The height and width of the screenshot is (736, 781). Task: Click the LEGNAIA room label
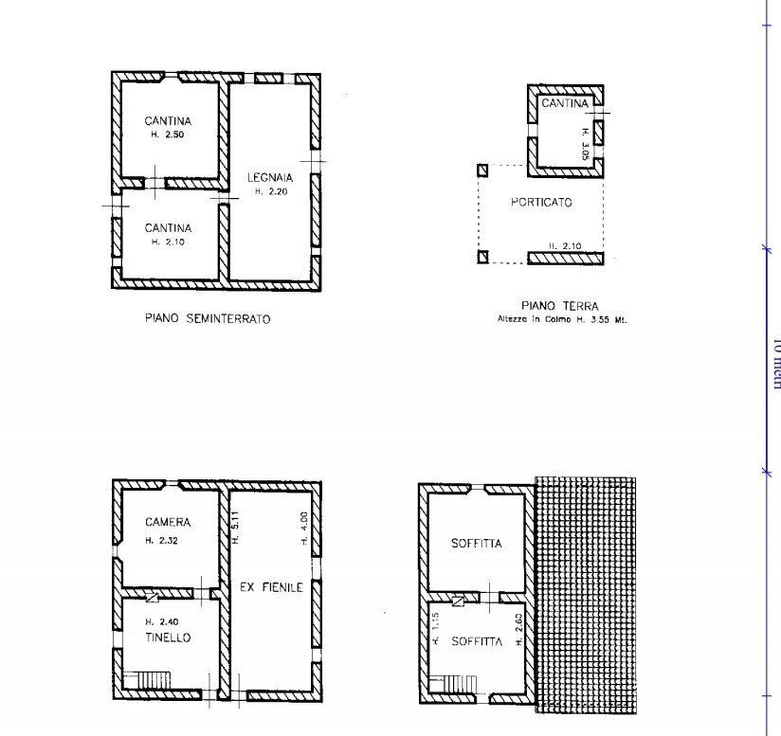(270, 177)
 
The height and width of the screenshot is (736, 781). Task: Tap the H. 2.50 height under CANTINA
(167, 135)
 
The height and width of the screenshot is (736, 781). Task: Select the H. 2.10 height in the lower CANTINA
(167, 242)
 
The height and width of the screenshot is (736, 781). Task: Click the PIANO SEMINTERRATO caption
(207, 319)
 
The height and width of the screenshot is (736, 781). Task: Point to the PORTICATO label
(541, 203)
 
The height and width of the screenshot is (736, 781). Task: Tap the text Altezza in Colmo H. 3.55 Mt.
(562, 319)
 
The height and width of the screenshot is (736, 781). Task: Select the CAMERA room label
(168, 522)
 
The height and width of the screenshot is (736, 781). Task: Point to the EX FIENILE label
(270, 587)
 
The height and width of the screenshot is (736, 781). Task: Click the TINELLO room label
(168, 637)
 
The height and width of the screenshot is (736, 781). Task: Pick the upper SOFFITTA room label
(476, 544)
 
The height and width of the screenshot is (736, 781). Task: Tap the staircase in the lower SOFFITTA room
(463, 683)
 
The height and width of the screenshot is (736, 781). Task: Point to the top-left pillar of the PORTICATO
(482, 171)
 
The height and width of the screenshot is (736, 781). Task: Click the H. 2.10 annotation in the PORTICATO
(565, 246)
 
